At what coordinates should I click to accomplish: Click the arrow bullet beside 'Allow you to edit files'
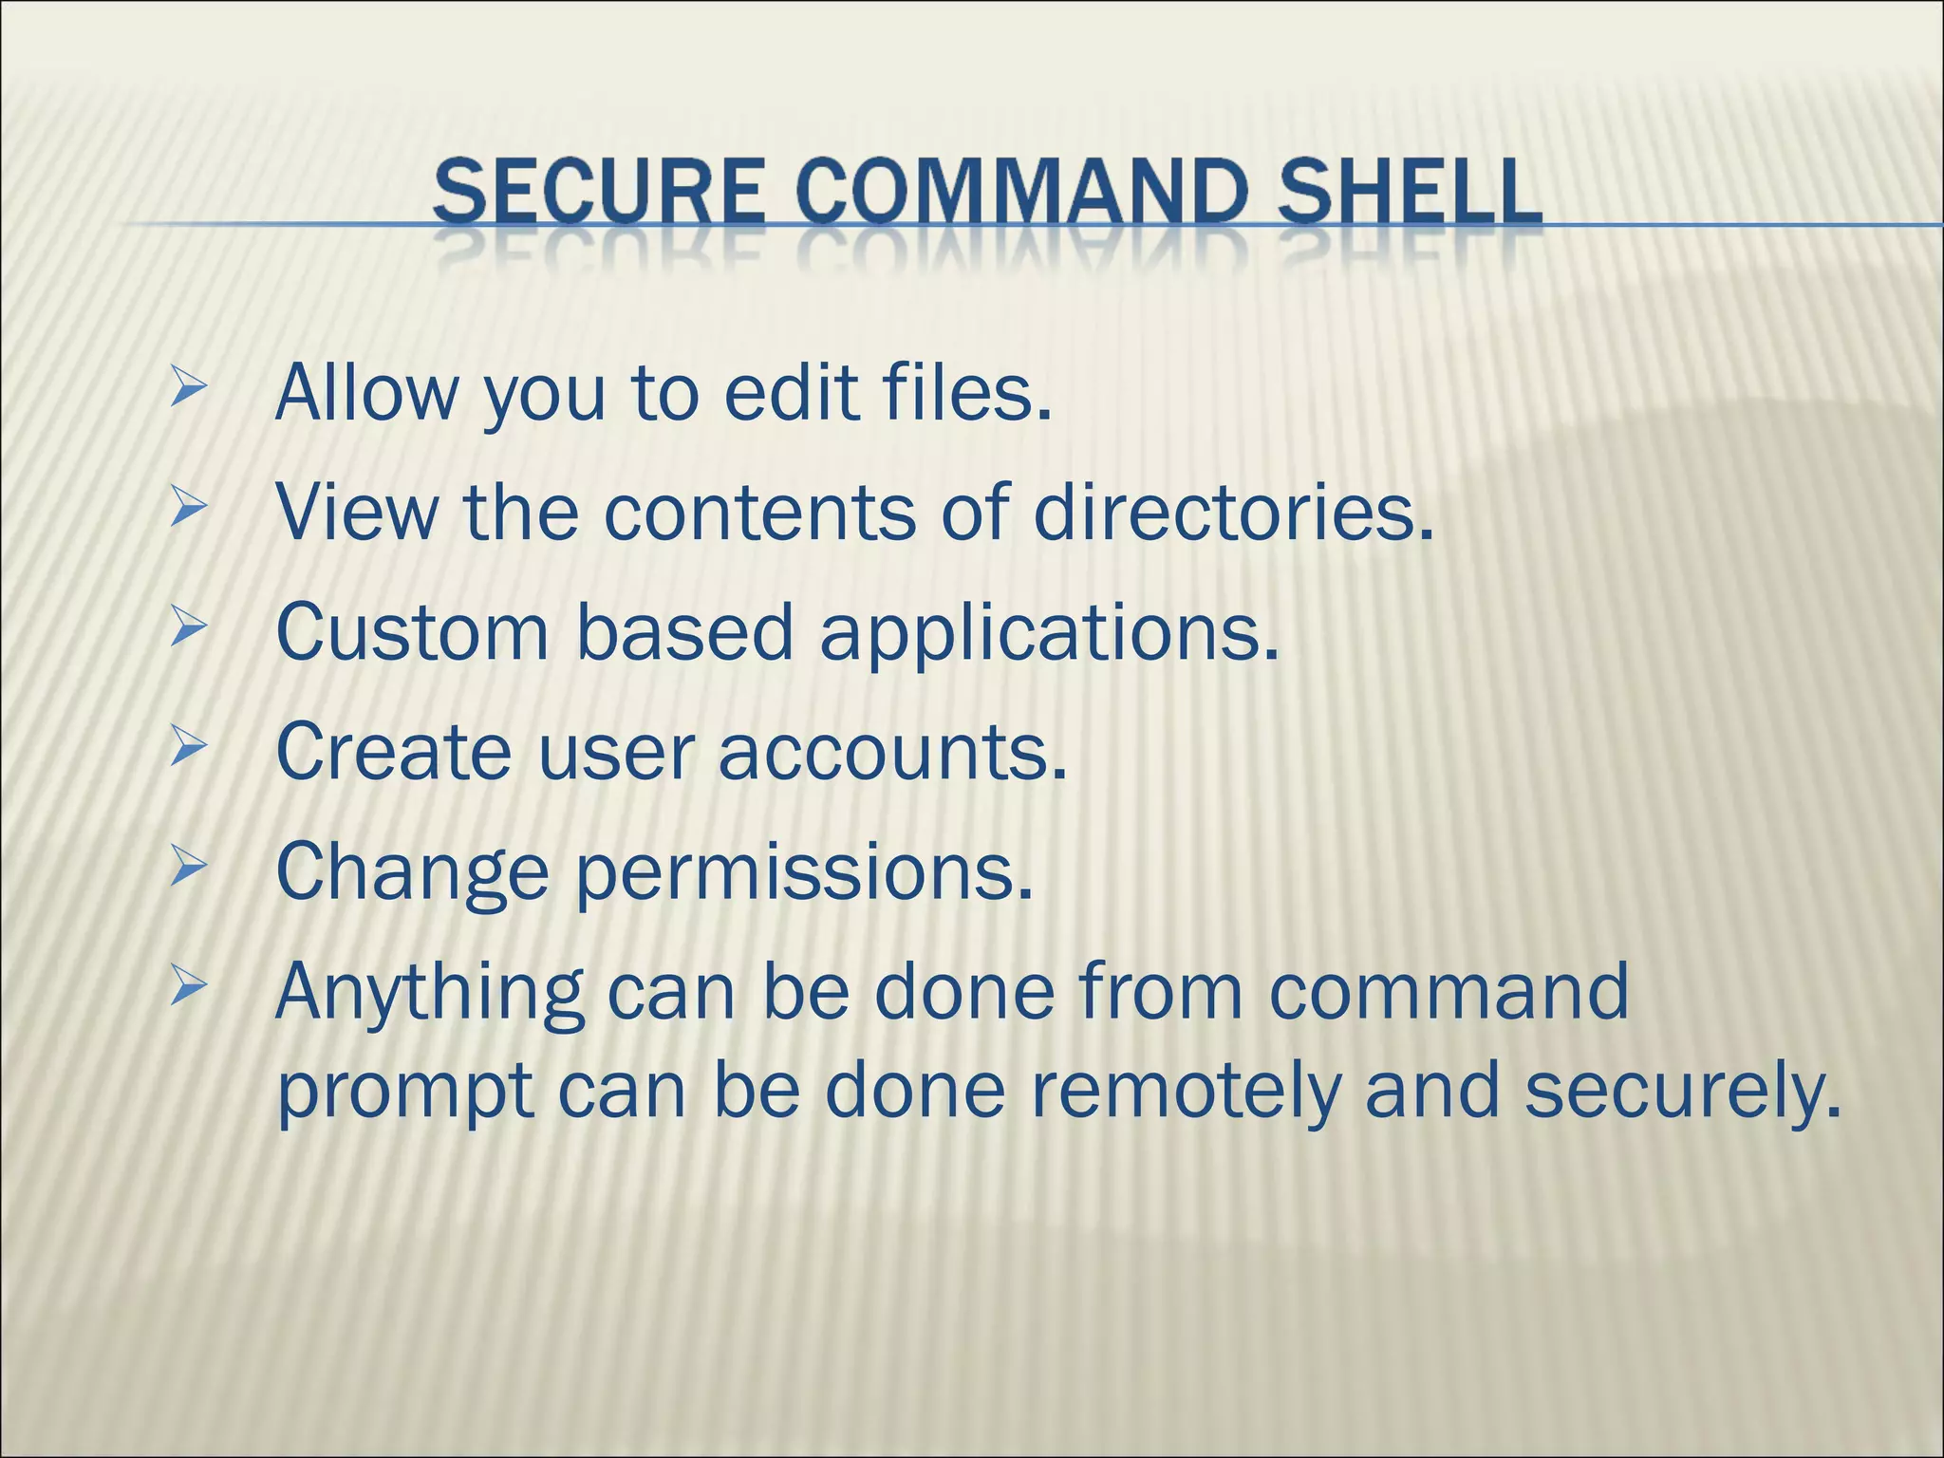pyautogui.click(x=188, y=388)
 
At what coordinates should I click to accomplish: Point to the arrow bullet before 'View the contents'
pyautogui.click(x=188, y=509)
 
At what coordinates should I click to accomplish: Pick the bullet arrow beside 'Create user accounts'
pyautogui.click(x=188, y=749)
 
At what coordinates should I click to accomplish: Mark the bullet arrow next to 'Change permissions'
pyautogui.click(x=188, y=869)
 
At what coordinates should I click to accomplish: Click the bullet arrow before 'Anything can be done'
pyautogui.click(x=188, y=989)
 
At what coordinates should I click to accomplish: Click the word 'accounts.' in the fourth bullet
pyautogui.click(x=892, y=752)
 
